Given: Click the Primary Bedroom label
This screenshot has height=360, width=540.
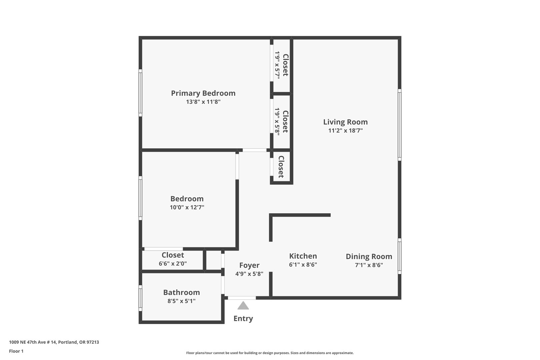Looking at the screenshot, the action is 203,93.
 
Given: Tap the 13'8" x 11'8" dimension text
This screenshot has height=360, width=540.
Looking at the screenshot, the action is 203,102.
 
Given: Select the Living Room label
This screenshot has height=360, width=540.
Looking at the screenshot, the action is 345,122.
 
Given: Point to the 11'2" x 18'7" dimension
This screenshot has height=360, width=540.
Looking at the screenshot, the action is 345,130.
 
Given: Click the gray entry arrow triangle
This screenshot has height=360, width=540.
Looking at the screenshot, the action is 243,305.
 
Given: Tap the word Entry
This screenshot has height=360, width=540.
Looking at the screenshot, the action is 243,319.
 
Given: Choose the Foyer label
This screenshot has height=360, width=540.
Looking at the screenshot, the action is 249,265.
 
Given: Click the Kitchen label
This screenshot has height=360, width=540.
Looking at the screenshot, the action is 303,256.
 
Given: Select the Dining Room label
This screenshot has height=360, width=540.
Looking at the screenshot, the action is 369,257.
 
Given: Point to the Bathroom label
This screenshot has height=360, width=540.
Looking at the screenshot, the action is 182,292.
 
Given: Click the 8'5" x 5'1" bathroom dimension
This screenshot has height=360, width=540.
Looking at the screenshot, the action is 182,301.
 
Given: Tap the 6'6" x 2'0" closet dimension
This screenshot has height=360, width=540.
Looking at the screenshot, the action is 173,264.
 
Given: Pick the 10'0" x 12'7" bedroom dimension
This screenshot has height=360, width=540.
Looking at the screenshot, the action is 187,207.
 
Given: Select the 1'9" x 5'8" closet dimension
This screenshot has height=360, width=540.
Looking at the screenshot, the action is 277,122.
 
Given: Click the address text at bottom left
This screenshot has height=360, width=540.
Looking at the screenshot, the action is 54,342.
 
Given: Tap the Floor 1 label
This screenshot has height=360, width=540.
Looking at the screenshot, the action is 16,351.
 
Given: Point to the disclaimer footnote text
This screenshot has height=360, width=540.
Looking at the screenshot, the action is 270,353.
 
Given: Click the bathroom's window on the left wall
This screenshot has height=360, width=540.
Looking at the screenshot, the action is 140,298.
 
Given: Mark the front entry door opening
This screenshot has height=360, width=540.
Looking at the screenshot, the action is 242,298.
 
